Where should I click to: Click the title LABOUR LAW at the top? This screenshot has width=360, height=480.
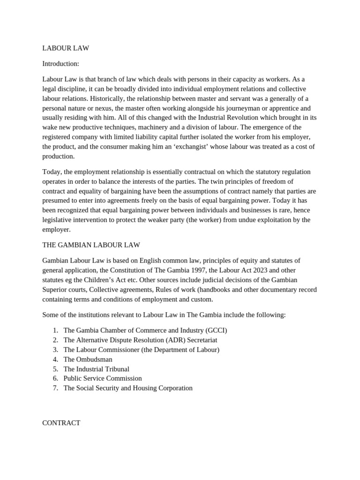(x=66, y=48)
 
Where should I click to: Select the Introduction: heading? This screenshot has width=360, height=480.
(x=60, y=63)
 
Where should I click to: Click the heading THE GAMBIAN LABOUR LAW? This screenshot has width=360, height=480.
(x=91, y=245)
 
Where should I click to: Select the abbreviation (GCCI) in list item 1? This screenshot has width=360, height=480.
(x=216, y=330)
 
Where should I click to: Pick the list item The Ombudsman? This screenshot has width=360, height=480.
(x=88, y=359)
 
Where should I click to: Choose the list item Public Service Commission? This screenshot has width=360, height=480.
(x=102, y=378)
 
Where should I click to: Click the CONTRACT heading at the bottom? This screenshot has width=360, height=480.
(x=61, y=423)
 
